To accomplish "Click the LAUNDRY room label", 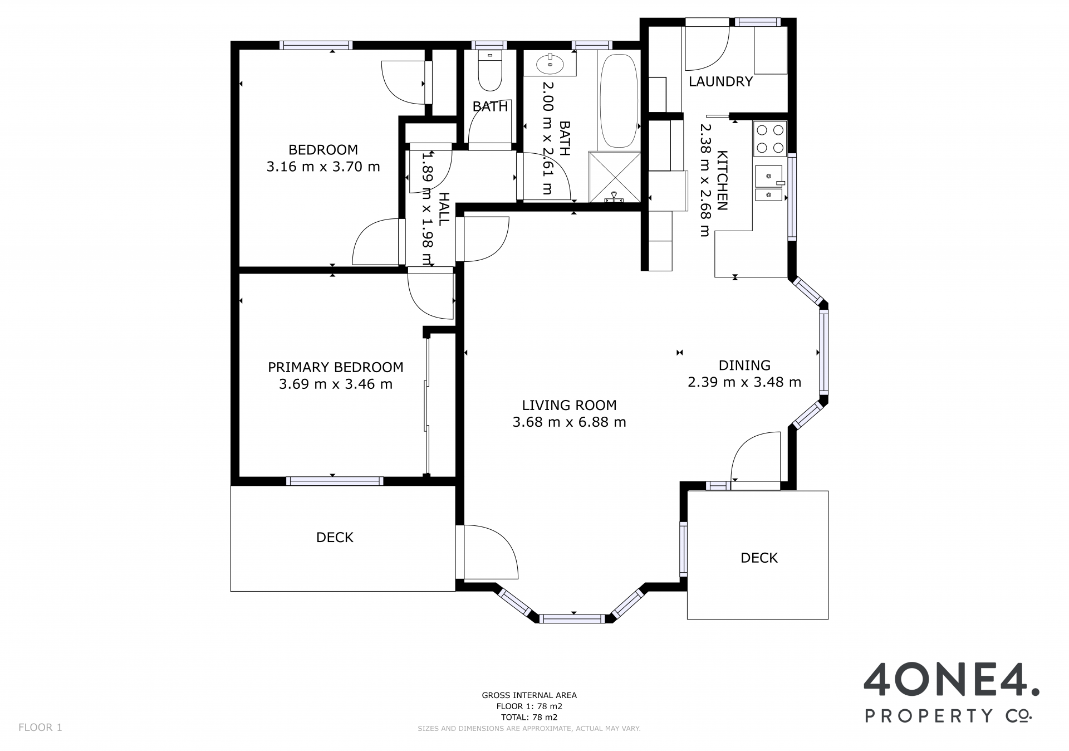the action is pos(720,82).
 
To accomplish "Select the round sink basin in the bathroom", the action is pos(550,64).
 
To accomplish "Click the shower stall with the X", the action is pos(615,176).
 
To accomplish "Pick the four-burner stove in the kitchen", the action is pos(770,139).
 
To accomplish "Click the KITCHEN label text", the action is pos(722,181).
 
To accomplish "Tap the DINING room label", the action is pos(744,365).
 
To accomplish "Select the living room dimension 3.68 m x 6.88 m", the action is pos(569,422).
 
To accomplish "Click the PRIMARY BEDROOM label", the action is pos(336,367).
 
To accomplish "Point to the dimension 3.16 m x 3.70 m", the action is pos(323,167).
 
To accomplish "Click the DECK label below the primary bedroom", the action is pos(335,537).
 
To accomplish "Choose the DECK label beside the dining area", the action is pos(759,558).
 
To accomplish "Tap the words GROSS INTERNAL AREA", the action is pos(529,695).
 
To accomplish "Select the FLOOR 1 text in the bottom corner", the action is pos(40,728).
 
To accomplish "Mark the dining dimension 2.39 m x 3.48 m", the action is pos(744,382).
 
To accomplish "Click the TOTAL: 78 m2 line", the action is pos(529,718).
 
